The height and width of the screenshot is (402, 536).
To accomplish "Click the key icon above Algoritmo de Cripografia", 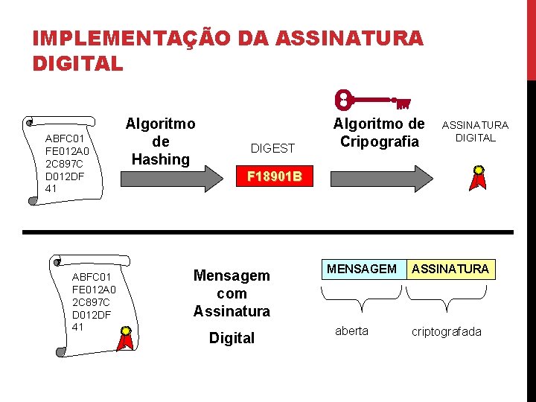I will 373,98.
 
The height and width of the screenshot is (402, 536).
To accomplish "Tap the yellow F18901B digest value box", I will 274,177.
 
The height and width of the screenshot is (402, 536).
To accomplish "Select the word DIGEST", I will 272,148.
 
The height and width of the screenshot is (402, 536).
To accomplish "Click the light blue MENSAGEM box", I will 363,269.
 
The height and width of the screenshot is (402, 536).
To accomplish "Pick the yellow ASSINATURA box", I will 451,269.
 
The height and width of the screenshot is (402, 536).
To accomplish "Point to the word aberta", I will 351,331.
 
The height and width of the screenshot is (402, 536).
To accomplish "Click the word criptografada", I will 447,331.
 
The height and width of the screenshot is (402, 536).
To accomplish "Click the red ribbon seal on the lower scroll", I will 126,337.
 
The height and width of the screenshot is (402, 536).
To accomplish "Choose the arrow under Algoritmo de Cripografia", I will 380,179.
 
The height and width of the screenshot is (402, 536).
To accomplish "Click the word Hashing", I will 160,159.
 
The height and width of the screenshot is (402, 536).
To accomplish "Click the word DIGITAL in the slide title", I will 77,64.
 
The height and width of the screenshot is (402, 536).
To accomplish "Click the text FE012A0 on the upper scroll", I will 68,151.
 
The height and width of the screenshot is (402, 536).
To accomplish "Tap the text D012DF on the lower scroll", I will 92,315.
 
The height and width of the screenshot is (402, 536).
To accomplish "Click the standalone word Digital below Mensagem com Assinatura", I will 232,338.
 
